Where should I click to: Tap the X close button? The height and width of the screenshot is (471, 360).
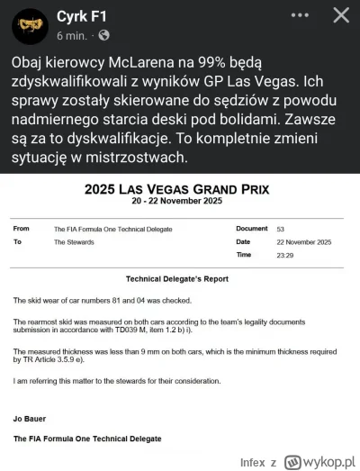coord(341,15)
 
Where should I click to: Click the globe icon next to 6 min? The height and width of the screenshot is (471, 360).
coord(104,35)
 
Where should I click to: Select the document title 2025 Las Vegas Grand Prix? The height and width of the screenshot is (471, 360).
coord(180,190)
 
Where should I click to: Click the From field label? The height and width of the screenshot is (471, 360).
coord(22,230)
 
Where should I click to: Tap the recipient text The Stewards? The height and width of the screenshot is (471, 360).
coord(74,242)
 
